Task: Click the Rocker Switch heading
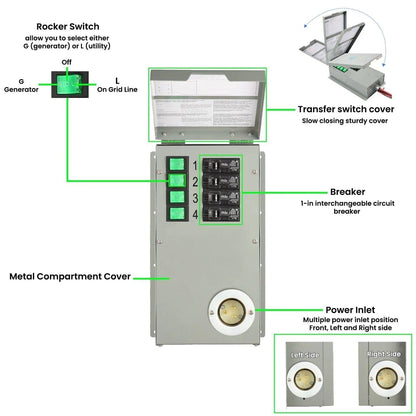(69, 25)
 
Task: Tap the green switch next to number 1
(176, 162)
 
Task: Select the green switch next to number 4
(176, 214)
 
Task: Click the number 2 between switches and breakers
(194, 181)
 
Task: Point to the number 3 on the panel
(194, 197)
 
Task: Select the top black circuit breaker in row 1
(224, 164)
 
